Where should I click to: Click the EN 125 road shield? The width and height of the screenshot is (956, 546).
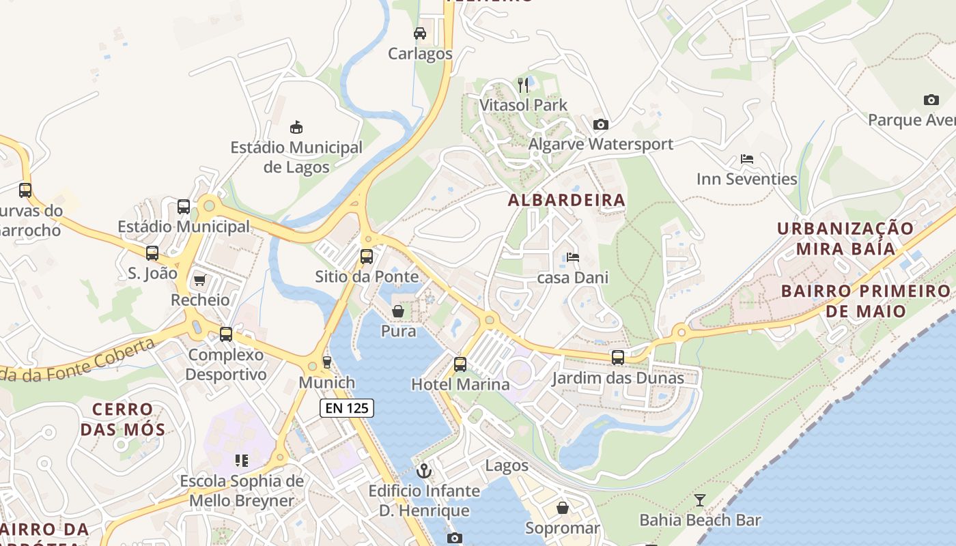click(x=347, y=408)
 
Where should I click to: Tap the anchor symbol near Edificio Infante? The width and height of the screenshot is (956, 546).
click(x=424, y=471)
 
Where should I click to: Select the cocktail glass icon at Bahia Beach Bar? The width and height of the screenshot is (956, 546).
click(x=699, y=500)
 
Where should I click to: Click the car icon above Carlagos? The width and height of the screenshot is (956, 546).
click(x=420, y=33)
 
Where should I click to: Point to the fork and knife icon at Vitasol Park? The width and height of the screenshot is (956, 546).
click(x=523, y=85)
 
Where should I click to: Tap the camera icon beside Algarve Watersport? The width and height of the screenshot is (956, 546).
click(x=600, y=124)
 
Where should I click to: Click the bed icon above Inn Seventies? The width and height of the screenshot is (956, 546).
click(x=746, y=159)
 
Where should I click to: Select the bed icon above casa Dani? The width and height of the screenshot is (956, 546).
click(x=572, y=257)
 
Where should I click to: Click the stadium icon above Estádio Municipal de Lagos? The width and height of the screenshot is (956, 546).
click(x=296, y=127)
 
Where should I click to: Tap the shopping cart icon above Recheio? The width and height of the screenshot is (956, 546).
click(x=199, y=280)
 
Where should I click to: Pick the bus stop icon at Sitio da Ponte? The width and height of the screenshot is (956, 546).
click(x=367, y=257)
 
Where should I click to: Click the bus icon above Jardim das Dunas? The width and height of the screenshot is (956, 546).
click(x=617, y=358)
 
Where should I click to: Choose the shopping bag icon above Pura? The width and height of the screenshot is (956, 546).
click(x=398, y=311)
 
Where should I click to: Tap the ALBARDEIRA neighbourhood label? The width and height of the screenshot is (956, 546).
click(x=566, y=200)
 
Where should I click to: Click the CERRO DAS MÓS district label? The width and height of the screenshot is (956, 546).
click(x=123, y=419)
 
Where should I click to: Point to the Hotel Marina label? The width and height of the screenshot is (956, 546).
click(x=460, y=384)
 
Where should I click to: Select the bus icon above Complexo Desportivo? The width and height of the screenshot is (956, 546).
click(x=225, y=334)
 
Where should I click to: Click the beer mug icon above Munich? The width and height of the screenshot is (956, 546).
click(x=326, y=362)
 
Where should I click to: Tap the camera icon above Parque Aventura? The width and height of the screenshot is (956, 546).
click(x=931, y=100)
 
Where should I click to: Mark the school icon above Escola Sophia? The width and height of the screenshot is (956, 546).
click(x=241, y=461)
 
